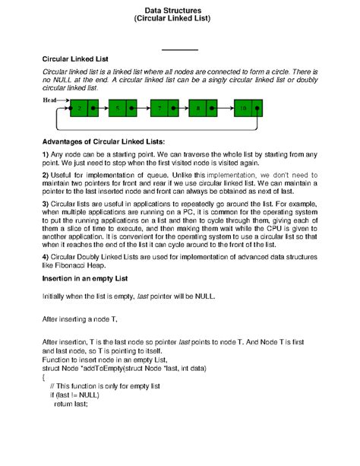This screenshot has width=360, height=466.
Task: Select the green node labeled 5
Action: coord(120,108)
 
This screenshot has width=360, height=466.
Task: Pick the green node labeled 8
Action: coord(199,108)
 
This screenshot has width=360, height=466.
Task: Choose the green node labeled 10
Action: coord(243,108)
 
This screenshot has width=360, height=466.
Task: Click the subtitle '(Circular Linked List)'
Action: coord(180,21)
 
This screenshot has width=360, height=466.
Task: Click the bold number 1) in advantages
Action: coord(46,155)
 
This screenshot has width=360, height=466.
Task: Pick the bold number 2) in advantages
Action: coord(46,175)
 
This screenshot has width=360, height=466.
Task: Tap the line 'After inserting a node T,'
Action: coord(80,318)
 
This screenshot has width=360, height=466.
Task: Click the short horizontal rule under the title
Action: coord(180,50)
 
